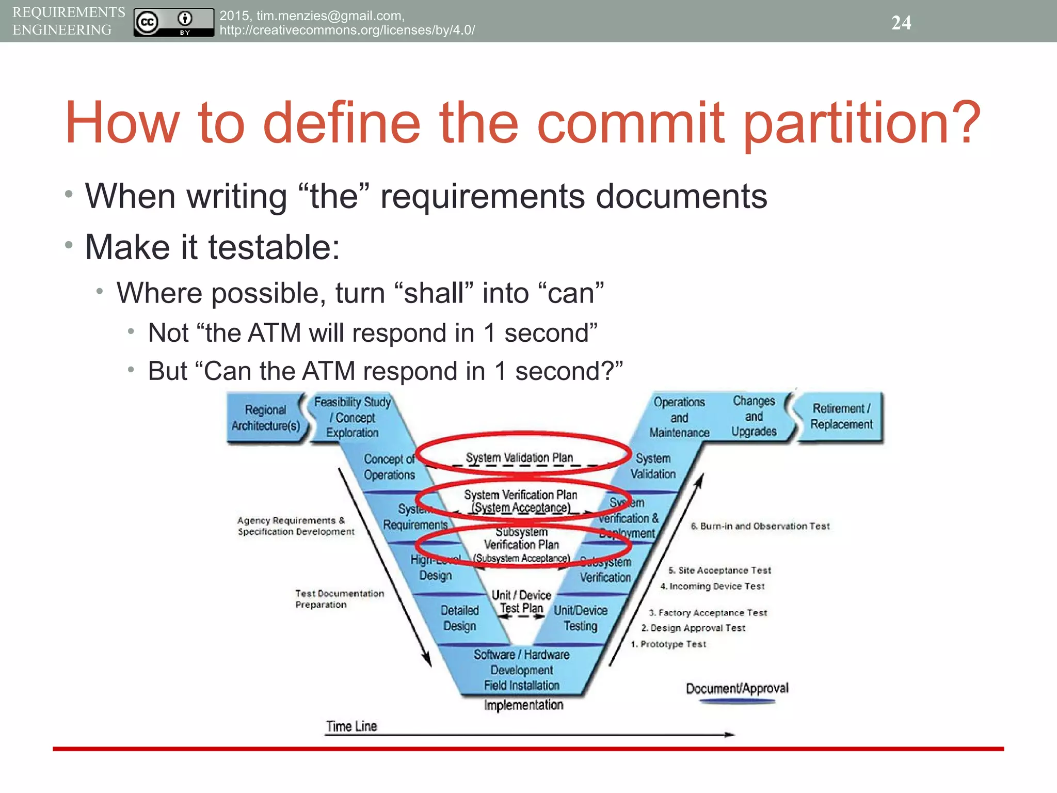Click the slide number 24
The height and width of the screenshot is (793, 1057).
[x=901, y=23]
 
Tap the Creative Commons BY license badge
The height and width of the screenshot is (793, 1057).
[x=173, y=22]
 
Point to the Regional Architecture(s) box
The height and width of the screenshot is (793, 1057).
[x=265, y=418]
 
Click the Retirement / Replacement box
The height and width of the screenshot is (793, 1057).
[x=841, y=416]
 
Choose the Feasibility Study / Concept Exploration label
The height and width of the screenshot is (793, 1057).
[x=353, y=417]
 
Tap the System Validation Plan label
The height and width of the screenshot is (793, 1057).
[x=519, y=458]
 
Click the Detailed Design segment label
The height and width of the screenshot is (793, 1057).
[x=459, y=618]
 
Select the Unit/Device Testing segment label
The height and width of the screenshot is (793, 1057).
[x=580, y=618]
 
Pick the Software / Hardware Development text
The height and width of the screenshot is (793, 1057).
[x=521, y=662]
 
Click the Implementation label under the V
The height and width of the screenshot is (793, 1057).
[x=523, y=705]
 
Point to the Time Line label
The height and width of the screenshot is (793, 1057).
[x=351, y=726]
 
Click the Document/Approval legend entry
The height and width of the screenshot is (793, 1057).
[x=737, y=689]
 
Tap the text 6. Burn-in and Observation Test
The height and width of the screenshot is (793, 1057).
[x=760, y=526]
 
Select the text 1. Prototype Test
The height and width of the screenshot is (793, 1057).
[x=668, y=644]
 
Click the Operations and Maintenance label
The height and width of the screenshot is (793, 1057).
[x=679, y=417]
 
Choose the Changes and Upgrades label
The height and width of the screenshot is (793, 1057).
[x=754, y=416]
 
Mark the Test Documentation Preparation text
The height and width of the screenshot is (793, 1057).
[x=339, y=599]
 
